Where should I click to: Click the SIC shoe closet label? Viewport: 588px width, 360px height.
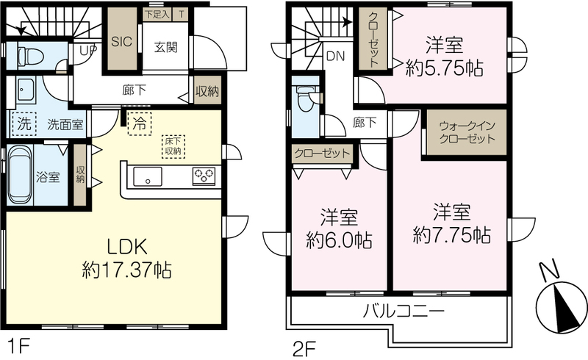(x=122, y=41)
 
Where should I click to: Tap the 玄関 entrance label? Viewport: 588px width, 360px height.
(x=165, y=48)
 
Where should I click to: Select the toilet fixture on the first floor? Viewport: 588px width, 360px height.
(x=31, y=56)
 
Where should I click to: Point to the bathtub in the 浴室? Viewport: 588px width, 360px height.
(x=21, y=175)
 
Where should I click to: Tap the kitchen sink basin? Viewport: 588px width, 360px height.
(x=148, y=176)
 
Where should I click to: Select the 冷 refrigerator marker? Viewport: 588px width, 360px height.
(x=140, y=123)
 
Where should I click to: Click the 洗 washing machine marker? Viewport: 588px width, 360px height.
(x=24, y=123)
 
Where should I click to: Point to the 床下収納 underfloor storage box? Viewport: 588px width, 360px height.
(x=173, y=146)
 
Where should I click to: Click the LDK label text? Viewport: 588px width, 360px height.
(x=126, y=247)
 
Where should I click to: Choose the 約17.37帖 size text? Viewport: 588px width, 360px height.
(x=126, y=270)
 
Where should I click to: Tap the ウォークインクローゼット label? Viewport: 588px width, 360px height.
(x=467, y=132)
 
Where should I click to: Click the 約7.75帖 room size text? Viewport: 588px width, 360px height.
(x=452, y=236)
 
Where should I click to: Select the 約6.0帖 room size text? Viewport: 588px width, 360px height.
(x=340, y=240)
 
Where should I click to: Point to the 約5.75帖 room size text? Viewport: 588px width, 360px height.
(x=445, y=68)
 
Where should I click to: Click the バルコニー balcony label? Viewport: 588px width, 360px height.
(x=403, y=312)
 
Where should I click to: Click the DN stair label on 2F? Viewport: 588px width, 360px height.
(x=336, y=57)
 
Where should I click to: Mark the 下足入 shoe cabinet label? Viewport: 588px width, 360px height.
(x=157, y=14)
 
